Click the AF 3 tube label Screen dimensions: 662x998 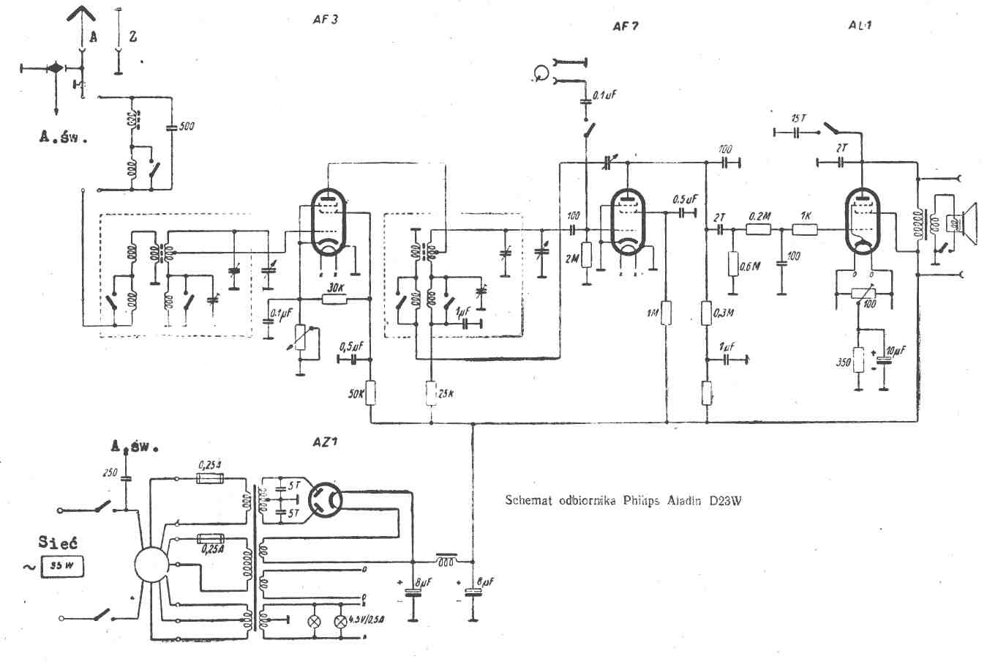point(324,20)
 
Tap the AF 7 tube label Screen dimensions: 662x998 point(626,26)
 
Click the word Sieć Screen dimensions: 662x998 point(58,543)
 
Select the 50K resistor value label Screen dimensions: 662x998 point(356,394)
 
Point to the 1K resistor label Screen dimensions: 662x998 point(805,216)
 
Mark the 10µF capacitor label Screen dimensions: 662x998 point(896,351)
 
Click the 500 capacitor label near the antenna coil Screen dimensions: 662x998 point(187,126)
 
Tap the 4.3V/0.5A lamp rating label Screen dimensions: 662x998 point(369,620)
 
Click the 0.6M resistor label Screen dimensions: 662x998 point(750,266)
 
